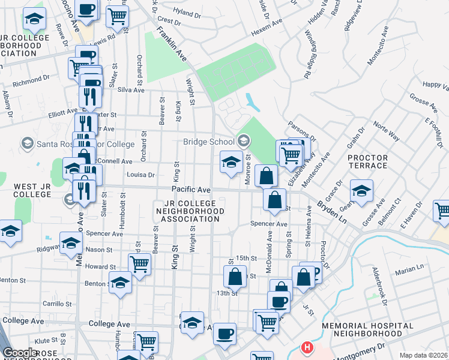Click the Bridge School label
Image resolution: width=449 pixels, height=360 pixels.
(208, 142)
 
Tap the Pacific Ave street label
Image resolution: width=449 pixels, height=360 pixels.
(191, 190)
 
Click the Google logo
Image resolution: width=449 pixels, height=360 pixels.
(19, 353)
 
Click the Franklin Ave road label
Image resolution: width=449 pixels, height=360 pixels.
(172, 44)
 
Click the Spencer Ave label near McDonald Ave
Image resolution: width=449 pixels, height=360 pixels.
(269, 224)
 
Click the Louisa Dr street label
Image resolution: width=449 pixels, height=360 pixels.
(141, 175)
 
